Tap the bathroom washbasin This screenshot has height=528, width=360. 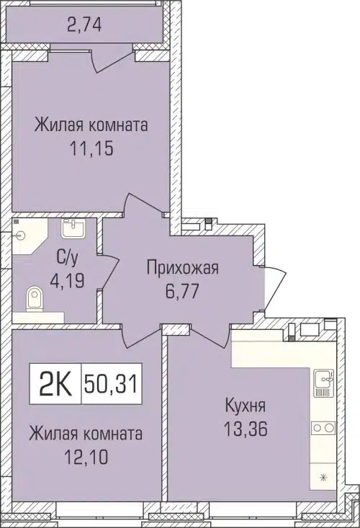point(73,228)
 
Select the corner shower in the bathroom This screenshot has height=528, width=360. point(27,235)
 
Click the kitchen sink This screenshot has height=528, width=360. point(322,382)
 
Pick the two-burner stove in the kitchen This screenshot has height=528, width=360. point(320,428)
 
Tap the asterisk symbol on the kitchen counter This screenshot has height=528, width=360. point(322,478)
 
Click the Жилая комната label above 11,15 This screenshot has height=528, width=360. point(91,125)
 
